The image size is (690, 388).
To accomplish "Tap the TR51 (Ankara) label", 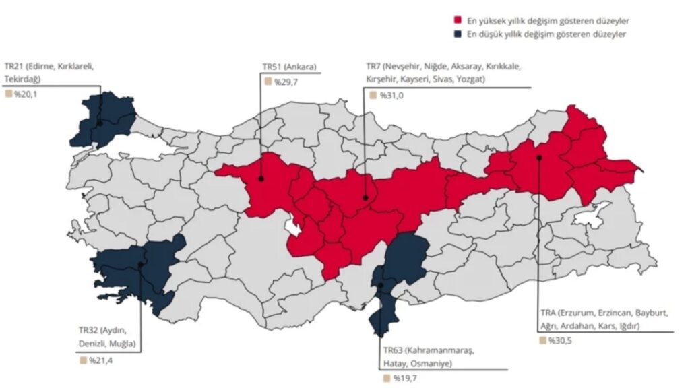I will click(289, 67).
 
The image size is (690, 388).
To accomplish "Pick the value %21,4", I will click(100, 360).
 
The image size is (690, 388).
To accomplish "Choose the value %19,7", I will click(404, 379).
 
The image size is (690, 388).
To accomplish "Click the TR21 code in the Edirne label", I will click(15, 67).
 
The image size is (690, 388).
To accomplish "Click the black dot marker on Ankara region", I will click(260, 179).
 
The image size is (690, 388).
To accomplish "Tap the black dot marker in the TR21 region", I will click(99, 123).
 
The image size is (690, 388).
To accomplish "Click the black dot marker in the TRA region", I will click(539, 158).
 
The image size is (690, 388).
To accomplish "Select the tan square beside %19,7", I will click(387, 379).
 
